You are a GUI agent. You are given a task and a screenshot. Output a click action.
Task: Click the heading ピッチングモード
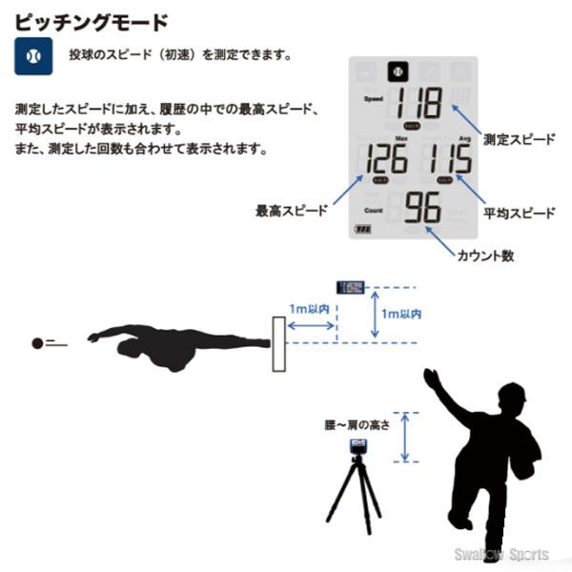click(92, 19)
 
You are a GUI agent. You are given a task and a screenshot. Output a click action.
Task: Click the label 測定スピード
click(519, 139)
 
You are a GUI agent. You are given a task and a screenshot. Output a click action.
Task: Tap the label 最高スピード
click(289, 210)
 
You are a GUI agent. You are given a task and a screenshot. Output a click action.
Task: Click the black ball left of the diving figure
click(38, 343)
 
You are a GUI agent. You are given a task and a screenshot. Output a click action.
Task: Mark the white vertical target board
click(279, 345)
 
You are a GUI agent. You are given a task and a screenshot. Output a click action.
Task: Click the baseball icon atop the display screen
click(395, 71)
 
